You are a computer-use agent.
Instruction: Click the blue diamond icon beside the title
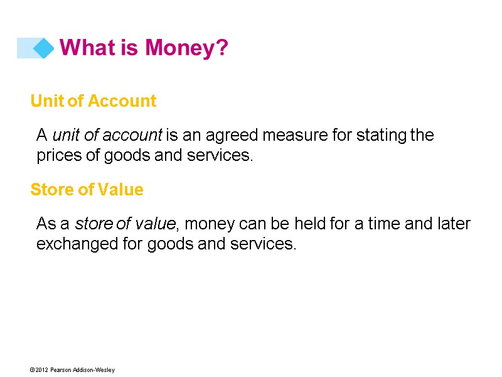pos(43,48)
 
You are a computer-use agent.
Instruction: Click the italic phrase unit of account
pos(107,135)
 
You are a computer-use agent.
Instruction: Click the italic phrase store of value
pos(124,224)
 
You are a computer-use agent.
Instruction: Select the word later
pos(454,224)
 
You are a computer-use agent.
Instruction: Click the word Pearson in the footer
pos(63,370)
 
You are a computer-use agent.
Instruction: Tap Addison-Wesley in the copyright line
pos(95,370)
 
